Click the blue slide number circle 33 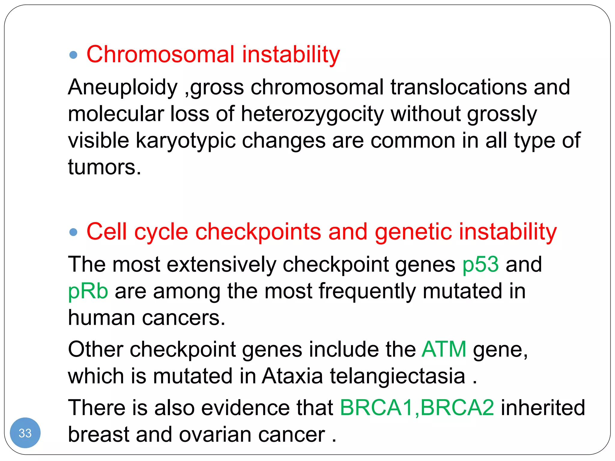tap(25, 433)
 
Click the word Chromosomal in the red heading tap(160, 55)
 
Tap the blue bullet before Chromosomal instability tap(73, 55)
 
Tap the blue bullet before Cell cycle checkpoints tap(73, 232)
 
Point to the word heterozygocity tap(312, 114)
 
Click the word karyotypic tap(186, 141)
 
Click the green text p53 tap(480, 264)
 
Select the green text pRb tap(88, 291)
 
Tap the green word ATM tap(444, 349)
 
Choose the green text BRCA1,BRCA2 tap(417, 408)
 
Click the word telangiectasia tap(397, 376)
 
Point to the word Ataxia tap(292, 376)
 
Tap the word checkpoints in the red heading tap(258, 232)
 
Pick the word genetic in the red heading tap(413, 232)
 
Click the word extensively tap(221, 264)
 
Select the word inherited tap(543, 408)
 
